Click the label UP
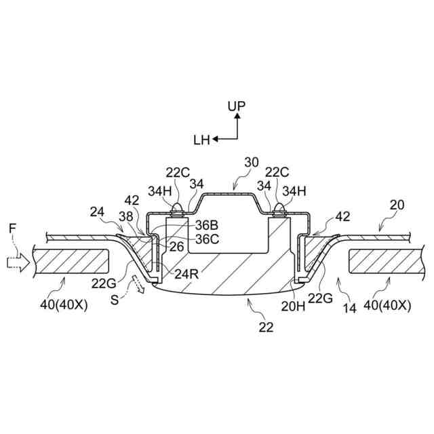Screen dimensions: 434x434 click(x=237, y=106)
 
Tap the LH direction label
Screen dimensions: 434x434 click(x=201, y=140)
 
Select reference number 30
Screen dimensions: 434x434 click(x=252, y=162)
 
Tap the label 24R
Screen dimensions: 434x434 click(x=186, y=275)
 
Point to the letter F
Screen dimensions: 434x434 click(x=12, y=230)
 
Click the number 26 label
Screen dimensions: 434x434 click(x=176, y=247)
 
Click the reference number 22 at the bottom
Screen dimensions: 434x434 click(x=266, y=327)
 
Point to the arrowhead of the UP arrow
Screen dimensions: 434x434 click(x=237, y=116)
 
